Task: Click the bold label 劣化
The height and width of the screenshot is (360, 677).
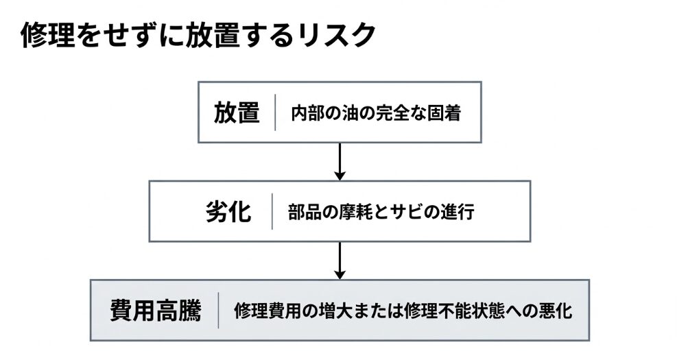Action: pyautogui.click(x=228, y=212)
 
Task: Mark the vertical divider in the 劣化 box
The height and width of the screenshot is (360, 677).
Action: pyautogui.click(x=272, y=212)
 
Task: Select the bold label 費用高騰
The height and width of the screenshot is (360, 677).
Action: pyautogui.click(x=156, y=311)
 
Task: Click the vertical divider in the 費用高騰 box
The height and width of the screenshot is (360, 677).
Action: pyautogui.click(x=218, y=311)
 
